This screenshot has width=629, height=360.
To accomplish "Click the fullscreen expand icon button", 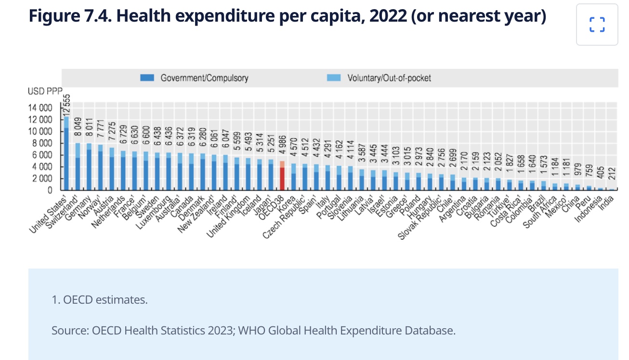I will (x=597, y=25).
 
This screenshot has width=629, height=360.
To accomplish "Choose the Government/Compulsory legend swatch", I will (x=147, y=77).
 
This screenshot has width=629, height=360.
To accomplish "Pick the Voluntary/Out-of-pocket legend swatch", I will (x=333, y=77).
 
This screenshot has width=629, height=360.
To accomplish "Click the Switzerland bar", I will (x=78, y=166).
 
